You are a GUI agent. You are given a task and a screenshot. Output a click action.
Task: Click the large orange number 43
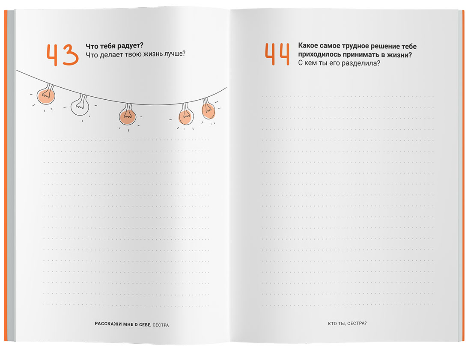click(63, 55)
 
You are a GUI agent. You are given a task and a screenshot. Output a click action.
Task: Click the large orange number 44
click(277, 54)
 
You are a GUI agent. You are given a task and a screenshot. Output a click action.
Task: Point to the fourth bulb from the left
click(186, 114)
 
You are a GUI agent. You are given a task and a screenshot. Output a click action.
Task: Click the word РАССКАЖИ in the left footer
click(108, 324)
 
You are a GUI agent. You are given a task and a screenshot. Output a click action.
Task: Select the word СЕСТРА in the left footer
click(161, 325)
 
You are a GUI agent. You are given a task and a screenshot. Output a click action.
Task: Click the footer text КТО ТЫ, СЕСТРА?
click(347, 323)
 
